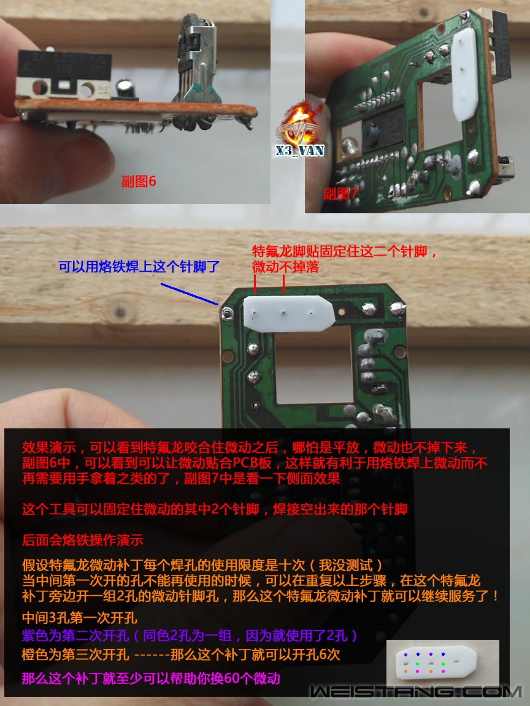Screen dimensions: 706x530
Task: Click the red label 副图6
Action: tap(139, 181)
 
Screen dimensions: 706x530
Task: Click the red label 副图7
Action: tap(340, 194)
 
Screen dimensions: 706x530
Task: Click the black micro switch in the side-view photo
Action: tap(62, 73)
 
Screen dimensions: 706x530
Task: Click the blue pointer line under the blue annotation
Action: tap(189, 294)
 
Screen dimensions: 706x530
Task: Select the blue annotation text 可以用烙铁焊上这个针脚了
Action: tap(139, 267)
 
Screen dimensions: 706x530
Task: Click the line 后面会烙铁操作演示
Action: tap(83, 541)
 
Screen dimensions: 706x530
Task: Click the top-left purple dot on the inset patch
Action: tap(405, 655)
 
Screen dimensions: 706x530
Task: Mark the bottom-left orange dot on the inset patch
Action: tap(405, 670)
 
